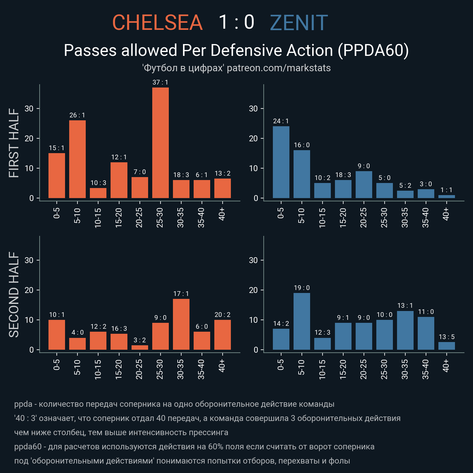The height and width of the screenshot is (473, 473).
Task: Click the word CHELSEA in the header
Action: (x=157, y=23)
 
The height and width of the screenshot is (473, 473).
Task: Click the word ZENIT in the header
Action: (x=299, y=23)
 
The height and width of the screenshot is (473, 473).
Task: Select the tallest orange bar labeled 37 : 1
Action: (x=161, y=142)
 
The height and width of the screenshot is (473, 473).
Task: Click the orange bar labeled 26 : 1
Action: (x=77, y=159)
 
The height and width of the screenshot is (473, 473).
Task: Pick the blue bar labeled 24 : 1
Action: (x=281, y=162)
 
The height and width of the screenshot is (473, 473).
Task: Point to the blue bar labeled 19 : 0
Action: (x=302, y=321)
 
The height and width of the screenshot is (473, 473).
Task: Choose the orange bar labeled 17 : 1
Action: (x=181, y=324)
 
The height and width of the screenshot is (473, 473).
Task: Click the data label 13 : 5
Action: (x=447, y=337)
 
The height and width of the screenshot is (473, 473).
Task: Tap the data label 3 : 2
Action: (x=140, y=340)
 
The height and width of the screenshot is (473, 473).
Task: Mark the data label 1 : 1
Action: (x=447, y=190)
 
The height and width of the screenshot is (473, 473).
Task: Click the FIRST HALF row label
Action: (x=14, y=143)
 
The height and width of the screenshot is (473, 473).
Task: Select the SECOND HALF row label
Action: (x=14, y=294)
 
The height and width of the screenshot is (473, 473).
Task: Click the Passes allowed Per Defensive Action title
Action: (x=236, y=50)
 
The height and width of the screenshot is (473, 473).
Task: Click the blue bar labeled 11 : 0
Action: (x=426, y=333)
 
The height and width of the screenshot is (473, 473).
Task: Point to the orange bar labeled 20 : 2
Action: (x=223, y=335)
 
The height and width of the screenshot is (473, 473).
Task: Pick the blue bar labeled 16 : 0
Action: (x=302, y=174)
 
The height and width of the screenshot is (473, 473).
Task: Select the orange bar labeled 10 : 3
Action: (x=98, y=193)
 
